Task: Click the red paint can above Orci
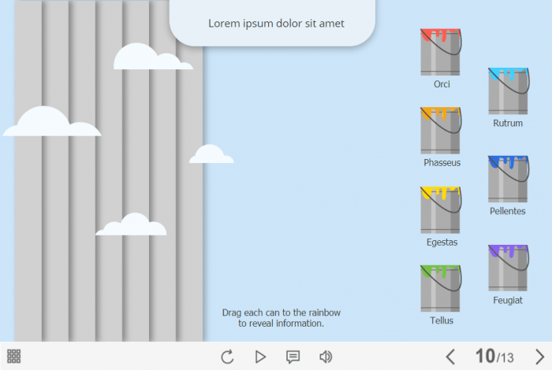[440, 52]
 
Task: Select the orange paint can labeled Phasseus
[440, 131]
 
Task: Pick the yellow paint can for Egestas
[440, 209]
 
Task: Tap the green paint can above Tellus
[440, 288]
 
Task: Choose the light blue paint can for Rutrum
[508, 91]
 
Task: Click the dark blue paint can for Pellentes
[508, 179]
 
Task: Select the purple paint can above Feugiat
[508, 268]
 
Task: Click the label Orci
[442, 84]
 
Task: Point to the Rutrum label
[508, 124]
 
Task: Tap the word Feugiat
[508, 301]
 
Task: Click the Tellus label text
[442, 320]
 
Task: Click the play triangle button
[260, 357]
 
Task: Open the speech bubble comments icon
[293, 357]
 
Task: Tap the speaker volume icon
[326, 357]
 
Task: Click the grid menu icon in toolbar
[13, 356]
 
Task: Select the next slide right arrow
[539, 357]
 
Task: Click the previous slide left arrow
[450, 357]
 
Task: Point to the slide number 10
[485, 356]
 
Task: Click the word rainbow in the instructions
[325, 313]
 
